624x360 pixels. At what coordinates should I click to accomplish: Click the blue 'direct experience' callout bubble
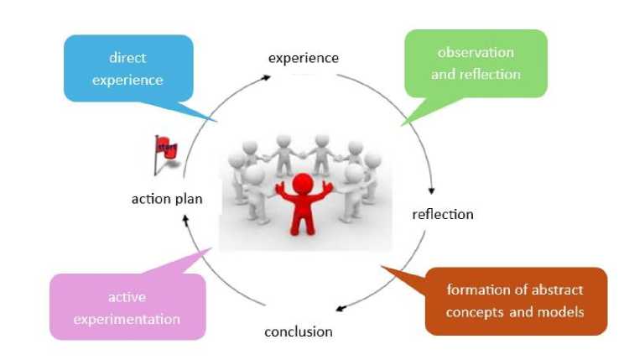(128, 69)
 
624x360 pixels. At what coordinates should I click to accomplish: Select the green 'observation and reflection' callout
(476, 64)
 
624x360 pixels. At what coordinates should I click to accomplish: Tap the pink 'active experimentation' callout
(127, 306)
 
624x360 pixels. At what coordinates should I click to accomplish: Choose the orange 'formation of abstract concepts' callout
(516, 301)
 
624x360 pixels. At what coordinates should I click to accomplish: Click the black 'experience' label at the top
(304, 59)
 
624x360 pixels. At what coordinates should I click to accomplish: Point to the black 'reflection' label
(443, 214)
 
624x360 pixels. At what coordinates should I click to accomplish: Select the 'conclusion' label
(299, 331)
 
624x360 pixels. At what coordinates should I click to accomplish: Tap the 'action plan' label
(167, 199)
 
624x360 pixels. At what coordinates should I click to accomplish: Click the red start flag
(165, 154)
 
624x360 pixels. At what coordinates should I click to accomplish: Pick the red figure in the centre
(304, 204)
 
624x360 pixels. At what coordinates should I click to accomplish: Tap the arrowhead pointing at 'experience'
(266, 77)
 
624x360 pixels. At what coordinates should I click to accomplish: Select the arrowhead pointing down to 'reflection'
(431, 190)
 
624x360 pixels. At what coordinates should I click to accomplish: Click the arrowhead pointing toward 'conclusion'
(341, 308)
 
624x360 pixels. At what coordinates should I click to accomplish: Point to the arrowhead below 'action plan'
(185, 219)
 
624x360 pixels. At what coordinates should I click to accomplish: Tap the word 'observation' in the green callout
(476, 53)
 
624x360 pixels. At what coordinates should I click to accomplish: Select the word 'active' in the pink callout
(127, 297)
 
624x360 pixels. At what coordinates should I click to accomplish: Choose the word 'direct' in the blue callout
(127, 58)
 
